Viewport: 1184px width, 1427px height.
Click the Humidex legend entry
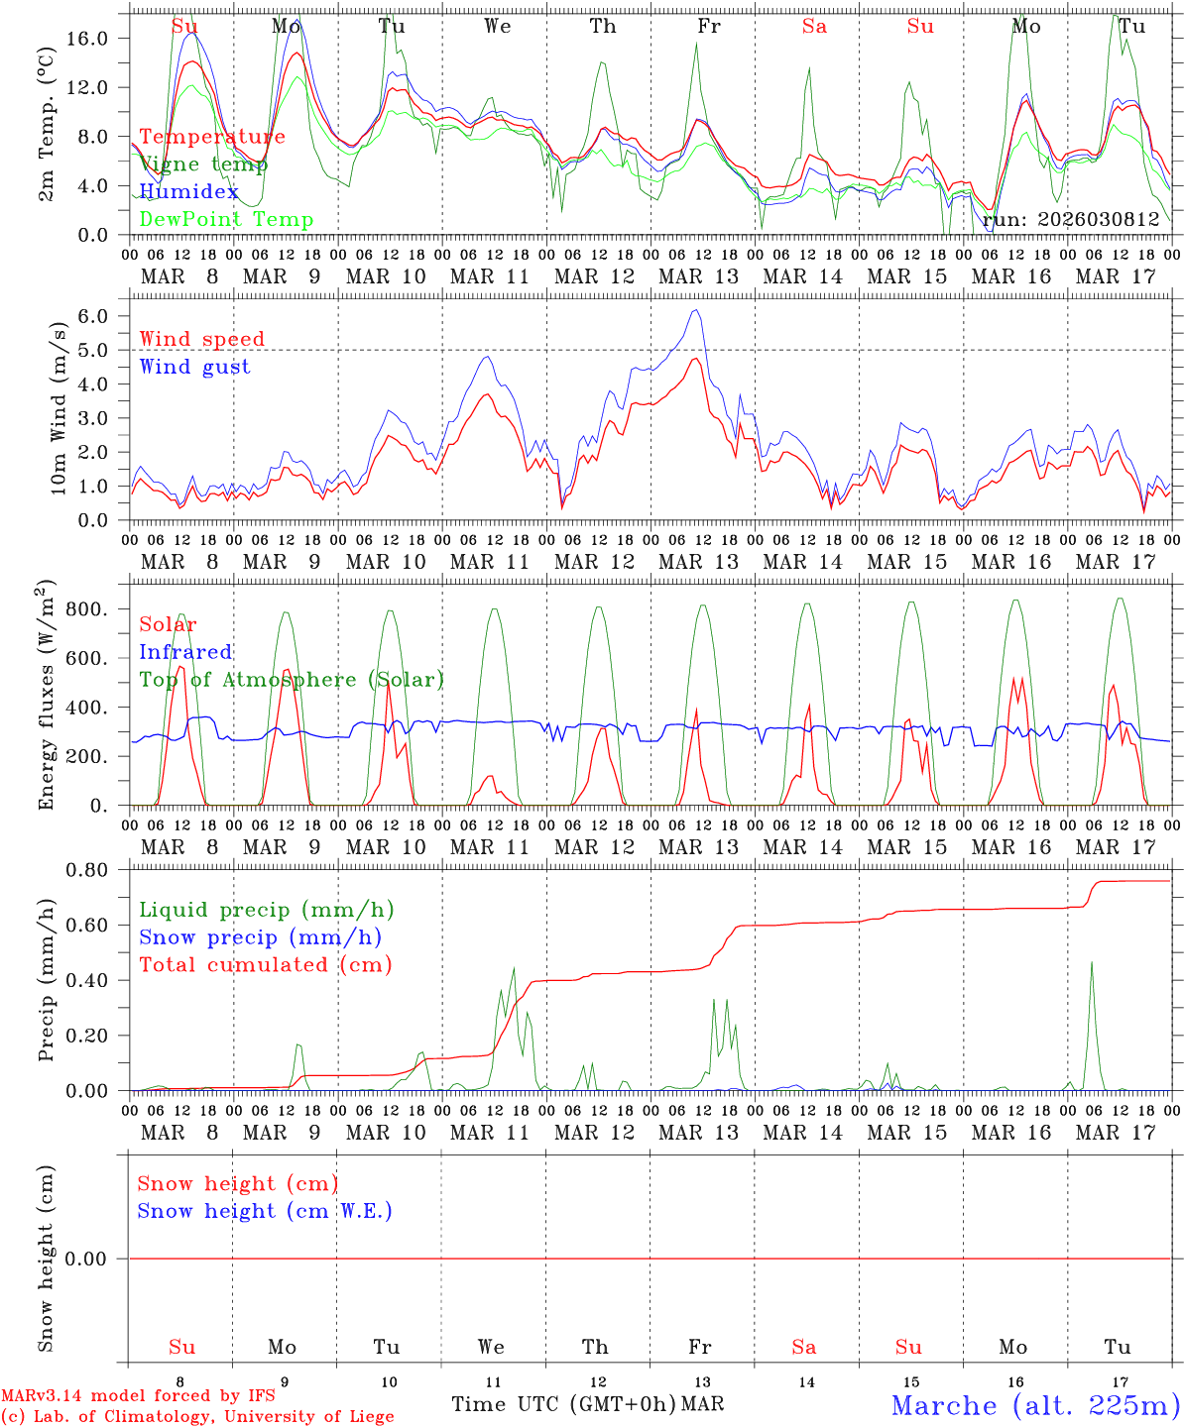pos(188,192)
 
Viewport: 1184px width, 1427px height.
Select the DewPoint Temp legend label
pos(226,220)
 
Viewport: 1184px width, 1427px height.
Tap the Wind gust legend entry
pos(194,367)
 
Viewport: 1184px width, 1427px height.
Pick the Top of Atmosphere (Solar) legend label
pos(291,680)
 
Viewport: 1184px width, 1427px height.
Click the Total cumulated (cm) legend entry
pos(265,964)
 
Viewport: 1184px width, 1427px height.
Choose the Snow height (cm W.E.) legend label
pos(265,1211)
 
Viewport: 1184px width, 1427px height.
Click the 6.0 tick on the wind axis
pos(103,316)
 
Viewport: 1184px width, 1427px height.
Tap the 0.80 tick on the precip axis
pos(97,870)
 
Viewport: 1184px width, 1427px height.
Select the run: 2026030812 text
pos(1070,220)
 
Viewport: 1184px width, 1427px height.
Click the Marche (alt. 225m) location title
pos(1035,1405)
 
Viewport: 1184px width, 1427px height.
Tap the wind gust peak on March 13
pos(697,310)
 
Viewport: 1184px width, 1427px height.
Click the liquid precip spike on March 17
pos(1092,961)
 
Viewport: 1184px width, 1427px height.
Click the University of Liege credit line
pos(197,1417)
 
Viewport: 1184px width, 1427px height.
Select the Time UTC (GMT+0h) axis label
pos(564,1404)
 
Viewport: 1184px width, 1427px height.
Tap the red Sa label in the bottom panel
pos(804,1347)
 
